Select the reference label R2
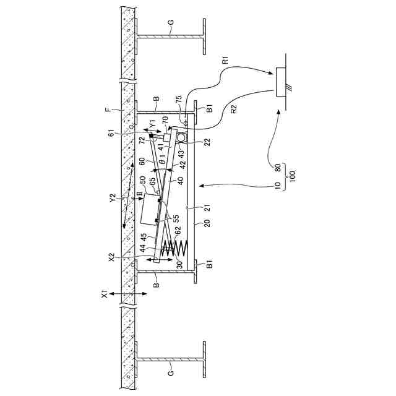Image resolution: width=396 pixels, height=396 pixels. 235,109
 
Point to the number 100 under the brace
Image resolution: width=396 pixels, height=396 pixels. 292,176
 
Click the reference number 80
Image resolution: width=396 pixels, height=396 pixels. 278,168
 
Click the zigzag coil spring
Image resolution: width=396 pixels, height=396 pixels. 175,247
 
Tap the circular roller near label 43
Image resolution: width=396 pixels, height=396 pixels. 181,137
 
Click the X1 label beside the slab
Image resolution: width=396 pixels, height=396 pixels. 105,295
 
